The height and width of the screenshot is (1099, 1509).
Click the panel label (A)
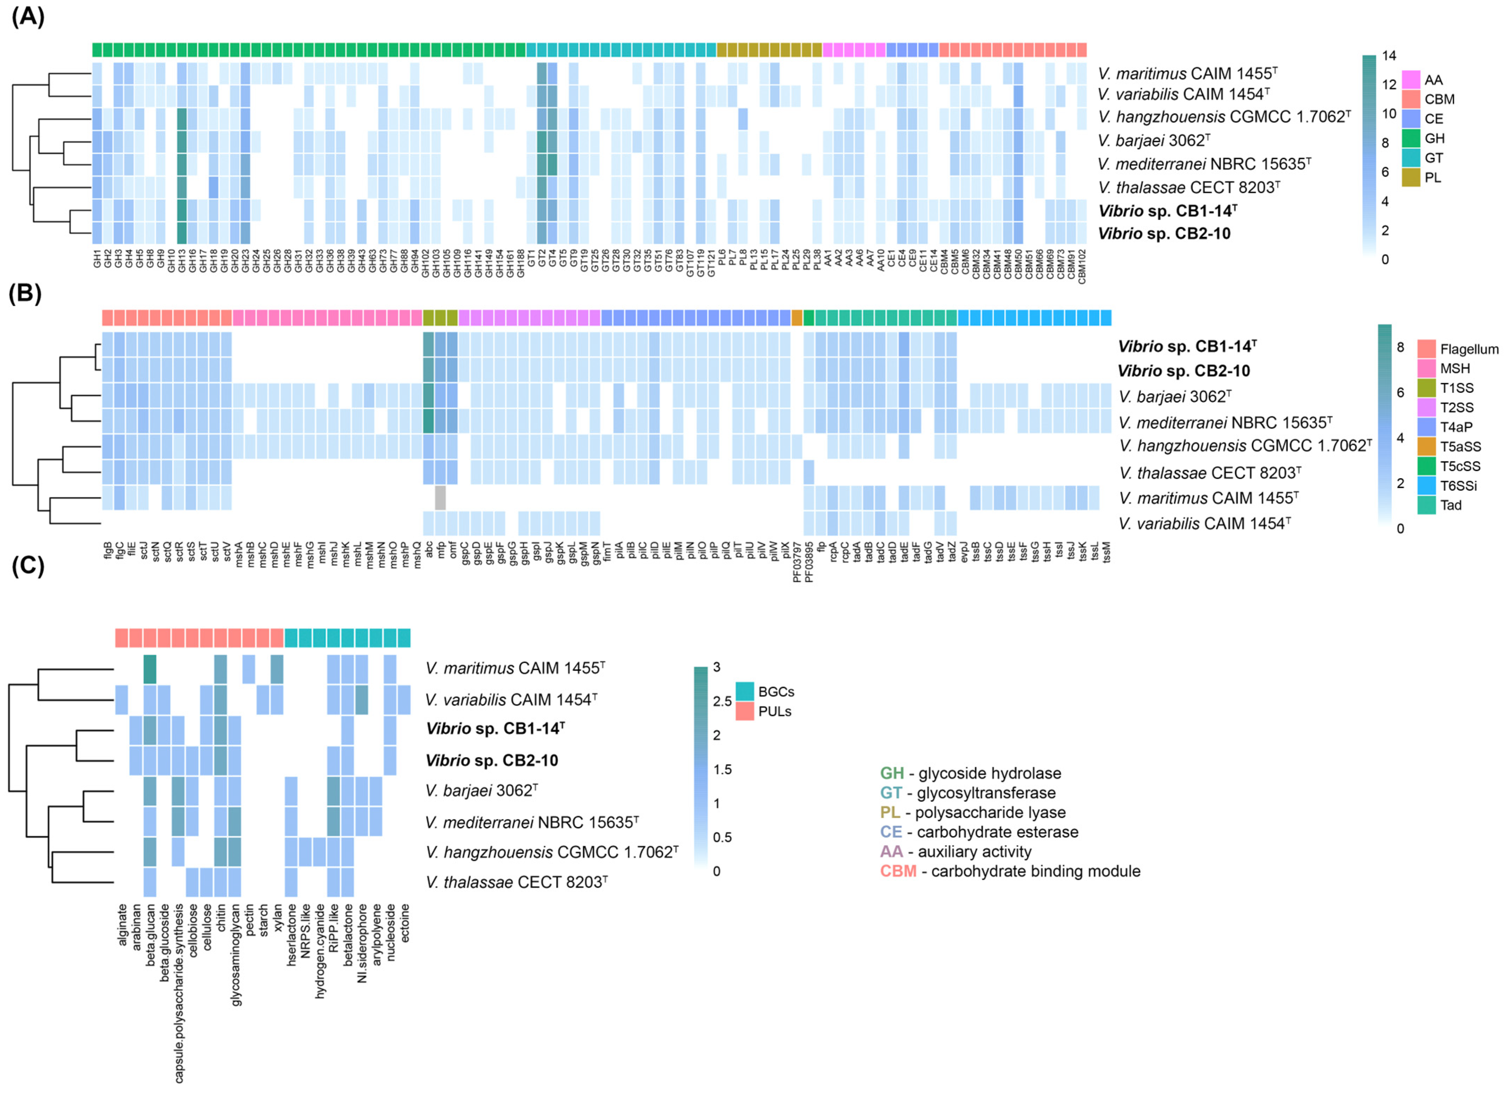coord(28,16)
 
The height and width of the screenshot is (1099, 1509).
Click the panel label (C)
coord(28,565)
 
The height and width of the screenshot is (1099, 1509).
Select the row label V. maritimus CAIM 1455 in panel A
coord(1188,73)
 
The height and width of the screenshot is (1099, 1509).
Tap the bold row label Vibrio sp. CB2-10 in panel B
coord(1184,371)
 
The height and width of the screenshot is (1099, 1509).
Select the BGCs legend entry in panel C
coord(744,691)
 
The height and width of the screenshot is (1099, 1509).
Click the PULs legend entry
coord(744,711)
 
